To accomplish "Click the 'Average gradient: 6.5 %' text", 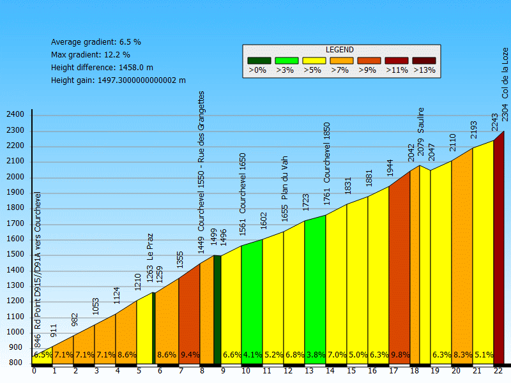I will (x=96, y=42).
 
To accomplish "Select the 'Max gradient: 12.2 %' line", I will (x=90, y=55).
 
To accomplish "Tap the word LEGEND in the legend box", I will (x=340, y=50).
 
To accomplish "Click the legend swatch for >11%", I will (x=397, y=61).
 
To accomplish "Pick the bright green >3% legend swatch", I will (x=287, y=61).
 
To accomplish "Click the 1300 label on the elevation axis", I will (x=15, y=285).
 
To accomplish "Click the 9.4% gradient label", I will (x=190, y=355).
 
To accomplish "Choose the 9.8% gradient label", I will (x=399, y=355).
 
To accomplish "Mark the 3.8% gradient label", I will (x=315, y=355).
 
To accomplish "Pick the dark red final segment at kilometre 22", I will (x=499, y=255).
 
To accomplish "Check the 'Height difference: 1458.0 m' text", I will (x=102, y=68).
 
